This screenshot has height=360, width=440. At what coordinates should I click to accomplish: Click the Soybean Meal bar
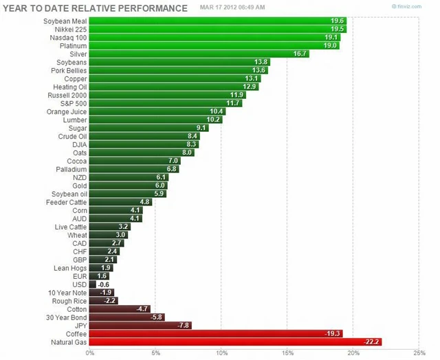click(x=217, y=21)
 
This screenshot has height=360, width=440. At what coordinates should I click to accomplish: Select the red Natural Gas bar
click(x=235, y=341)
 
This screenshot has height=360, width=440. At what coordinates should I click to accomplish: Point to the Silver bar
click(x=199, y=54)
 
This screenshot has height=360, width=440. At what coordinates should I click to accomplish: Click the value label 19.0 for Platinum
click(x=331, y=45)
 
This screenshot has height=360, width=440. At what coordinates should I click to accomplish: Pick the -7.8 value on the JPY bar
click(x=184, y=325)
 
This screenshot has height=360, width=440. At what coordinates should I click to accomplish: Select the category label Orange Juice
click(x=67, y=111)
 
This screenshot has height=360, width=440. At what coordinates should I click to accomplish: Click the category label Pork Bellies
click(x=69, y=70)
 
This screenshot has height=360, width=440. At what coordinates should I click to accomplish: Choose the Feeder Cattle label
click(x=67, y=202)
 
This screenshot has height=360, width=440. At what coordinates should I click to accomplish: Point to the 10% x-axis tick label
click(x=221, y=353)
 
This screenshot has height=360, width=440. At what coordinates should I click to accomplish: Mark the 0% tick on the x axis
click(x=90, y=353)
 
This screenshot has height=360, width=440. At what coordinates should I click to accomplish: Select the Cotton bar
click(x=120, y=308)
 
